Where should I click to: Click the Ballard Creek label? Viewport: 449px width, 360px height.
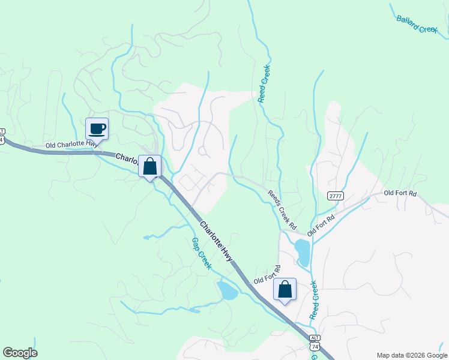417,24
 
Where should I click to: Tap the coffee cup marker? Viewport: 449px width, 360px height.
97,128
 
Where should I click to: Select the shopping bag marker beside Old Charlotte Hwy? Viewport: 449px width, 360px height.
149,166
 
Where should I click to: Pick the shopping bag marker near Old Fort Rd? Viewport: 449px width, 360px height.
285,290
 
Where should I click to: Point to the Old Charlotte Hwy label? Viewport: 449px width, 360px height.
71,145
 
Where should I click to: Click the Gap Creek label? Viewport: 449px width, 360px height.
200,253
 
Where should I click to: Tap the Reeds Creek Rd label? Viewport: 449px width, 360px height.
282,210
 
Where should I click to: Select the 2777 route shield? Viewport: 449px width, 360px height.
336,196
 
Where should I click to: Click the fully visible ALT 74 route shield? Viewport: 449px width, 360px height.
315,343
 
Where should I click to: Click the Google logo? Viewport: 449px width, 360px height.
20,353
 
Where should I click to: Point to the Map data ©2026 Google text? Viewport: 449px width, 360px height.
412,355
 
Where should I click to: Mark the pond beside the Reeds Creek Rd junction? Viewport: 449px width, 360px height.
302,253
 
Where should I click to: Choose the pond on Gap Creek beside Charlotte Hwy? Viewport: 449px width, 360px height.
228,291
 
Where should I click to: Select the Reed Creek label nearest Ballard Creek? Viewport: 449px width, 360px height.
265,84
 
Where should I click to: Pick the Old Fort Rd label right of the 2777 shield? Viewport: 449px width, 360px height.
400,193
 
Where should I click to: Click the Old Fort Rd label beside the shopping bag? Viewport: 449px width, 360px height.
268,276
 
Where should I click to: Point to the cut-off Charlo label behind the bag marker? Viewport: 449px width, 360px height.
127,159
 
